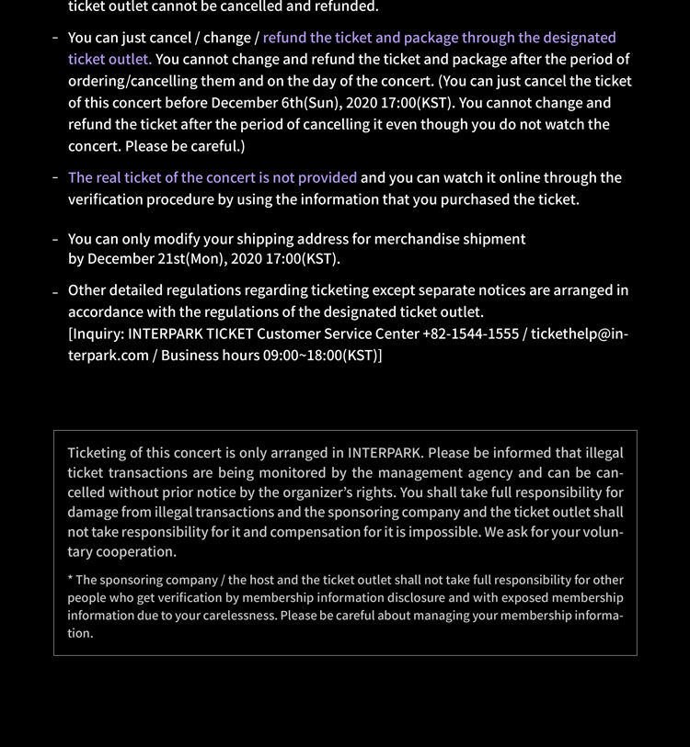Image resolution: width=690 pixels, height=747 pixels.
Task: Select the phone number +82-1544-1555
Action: click(x=470, y=334)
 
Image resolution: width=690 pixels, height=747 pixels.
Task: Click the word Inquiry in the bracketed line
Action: click(x=97, y=334)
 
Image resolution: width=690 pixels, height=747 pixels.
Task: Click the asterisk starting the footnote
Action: click(x=70, y=580)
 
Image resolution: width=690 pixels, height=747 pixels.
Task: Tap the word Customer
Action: click(x=289, y=334)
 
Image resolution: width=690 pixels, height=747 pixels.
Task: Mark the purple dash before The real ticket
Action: click(x=56, y=177)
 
